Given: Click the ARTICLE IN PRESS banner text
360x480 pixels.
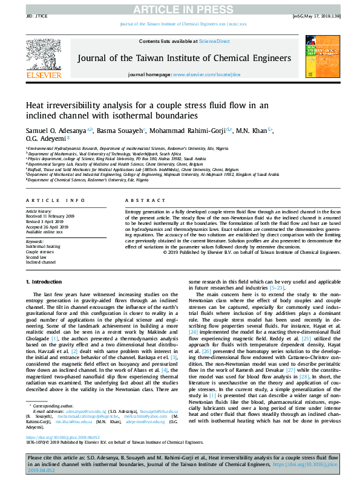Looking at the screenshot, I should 180,8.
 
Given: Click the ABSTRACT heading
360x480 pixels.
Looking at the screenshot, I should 141,200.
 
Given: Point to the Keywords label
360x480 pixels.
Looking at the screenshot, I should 34,242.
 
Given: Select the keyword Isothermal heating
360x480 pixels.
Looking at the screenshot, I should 43,247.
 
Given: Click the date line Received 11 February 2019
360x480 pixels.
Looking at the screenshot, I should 49,216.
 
